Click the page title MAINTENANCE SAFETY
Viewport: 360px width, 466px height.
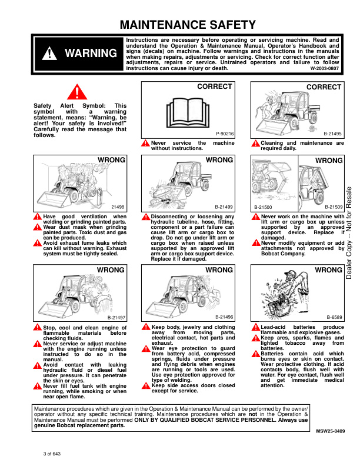(x=188, y=25)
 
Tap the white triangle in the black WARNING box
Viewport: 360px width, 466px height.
(x=49, y=54)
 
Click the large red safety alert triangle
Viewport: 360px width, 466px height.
(x=77, y=92)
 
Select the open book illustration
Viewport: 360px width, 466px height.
(x=188, y=112)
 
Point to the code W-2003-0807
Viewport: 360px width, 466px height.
(x=324, y=68)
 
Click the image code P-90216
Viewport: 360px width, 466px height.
(x=225, y=134)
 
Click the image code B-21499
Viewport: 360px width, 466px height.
(x=224, y=207)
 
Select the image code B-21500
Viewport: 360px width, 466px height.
(x=263, y=207)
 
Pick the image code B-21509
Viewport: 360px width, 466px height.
(x=334, y=207)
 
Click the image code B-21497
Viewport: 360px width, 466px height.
(x=116, y=318)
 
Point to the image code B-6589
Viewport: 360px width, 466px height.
(x=334, y=317)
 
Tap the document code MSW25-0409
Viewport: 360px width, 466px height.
(x=331, y=431)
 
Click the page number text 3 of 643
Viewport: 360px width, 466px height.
(x=52, y=454)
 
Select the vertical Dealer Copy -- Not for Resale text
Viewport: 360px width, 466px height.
(x=349, y=232)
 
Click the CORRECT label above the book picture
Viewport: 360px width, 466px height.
(x=215, y=86)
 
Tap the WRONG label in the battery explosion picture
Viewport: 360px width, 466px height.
(x=328, y=270)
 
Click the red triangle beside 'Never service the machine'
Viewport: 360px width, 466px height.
(x=145, y=143)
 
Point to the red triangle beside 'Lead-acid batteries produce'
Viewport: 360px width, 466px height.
(x=256, y=328)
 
